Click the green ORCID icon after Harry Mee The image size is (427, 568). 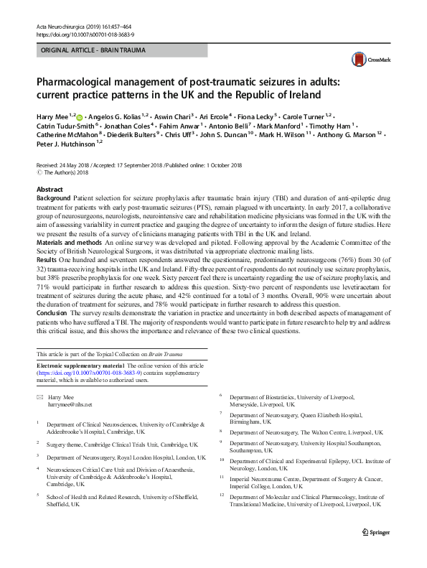(x=79, y=116)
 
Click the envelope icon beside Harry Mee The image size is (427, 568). (x=40, y=396)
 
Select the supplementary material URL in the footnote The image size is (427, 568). (x=89, y=373)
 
